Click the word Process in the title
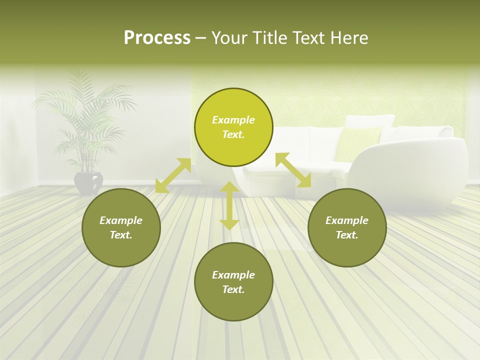tap(157, 38)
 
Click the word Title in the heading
tap(268, 38)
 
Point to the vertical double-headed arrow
tap(229, 205)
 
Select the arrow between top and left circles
tap(173, 175)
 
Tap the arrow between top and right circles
tap(293, 170)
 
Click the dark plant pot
tap(88, 183)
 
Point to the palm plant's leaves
tap(85, 115)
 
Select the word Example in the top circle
tap(233, 120)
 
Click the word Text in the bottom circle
tap(233, 289)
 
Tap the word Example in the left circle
tap(121, 220)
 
